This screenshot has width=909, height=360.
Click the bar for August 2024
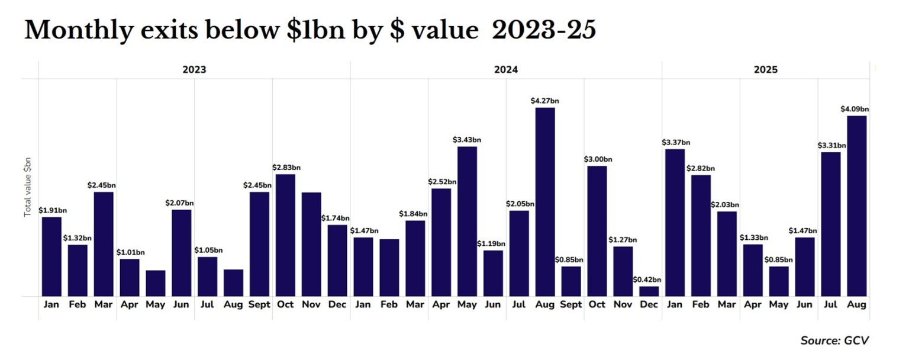(545, 202)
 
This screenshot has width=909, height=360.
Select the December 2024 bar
(649, 291)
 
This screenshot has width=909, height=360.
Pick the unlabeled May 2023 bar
(156, 283)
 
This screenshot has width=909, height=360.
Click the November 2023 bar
(311, 244)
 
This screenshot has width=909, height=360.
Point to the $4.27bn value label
(545, 101)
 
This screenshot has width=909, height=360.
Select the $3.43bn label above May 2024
(467, 140)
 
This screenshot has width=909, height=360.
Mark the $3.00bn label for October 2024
(598, 159)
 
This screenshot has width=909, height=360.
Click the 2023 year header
(194, 70)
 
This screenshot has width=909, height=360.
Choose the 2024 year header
(506, 70)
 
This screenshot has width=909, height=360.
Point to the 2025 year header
(766, 70)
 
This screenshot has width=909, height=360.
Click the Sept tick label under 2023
(259, 305)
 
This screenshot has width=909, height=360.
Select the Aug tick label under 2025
(856, 305)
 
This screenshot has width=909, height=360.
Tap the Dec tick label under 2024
(649, 305)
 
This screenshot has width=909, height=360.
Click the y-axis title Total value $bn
(27, 188)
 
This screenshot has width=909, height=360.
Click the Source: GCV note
(834, 340)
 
